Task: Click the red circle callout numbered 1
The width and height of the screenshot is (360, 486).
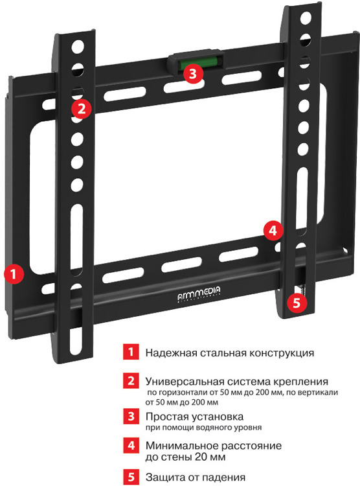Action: pyautogui.click(x=14, y=274)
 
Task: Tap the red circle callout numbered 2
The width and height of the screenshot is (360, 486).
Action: pyautogui.click(x=82, y=109)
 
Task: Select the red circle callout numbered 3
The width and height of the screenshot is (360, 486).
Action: pyautogui.click(x=193, y=74)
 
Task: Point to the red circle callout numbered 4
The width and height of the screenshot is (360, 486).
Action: pyautogui.click(x=273, y=231)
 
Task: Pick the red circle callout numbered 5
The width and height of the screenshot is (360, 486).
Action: pyautogui.click(x=297, y=303)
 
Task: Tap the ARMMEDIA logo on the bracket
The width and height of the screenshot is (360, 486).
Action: pyautogui.click(x=199, y=293)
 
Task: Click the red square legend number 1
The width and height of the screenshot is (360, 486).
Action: pyautogui.click(x=131, y=352)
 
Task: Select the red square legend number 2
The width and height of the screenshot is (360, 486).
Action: pyautogui.click(x=131, y=380)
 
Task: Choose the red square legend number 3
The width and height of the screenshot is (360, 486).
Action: pyautogui.click(x=131, y=416)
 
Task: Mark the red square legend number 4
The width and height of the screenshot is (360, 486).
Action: pyautogui.click(x=131, y=445)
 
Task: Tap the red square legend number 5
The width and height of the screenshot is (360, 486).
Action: pyautogui.click(x=131, y=478)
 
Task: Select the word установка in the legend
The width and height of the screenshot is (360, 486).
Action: pyautogui.click(x=217, y=417)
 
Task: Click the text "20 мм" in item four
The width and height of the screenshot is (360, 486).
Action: pyautogui.click(x=210, y=457)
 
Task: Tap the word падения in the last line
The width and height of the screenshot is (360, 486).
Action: pyautogui.click(x=222, y=478)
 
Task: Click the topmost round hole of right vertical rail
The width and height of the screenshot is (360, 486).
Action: pyautogui.click(x=306, y=18)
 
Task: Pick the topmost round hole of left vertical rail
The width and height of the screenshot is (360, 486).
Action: pyautogui.click(x=78, y=47)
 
